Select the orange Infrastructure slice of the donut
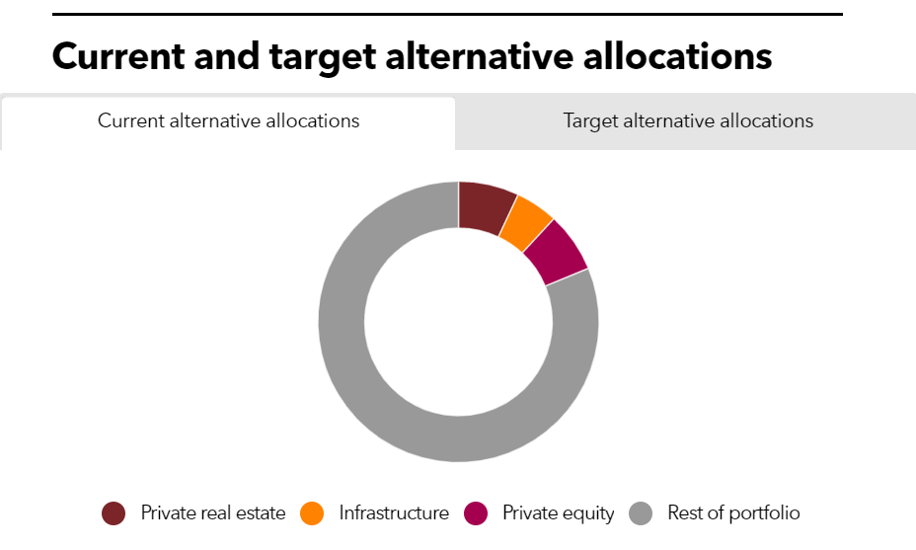(x=523, y=224)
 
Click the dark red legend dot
(x=114, y=513)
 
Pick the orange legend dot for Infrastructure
(x=312, y=513)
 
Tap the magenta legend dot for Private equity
(x=476, y=513)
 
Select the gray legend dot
(x=641, y=513)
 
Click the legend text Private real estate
(x=213, y=512)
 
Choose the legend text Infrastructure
(x=394, y=512)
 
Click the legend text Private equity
(x=559, y=513)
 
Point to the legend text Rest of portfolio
(x=733, y=512)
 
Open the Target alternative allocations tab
(x=688, y=121)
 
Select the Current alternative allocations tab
(x=228, y=121)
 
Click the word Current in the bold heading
(x=118, y=56)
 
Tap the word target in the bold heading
(x=323, y=58)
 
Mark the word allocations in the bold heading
(x=678, y=56)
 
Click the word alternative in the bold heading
(x=480, y=56)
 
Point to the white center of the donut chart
(x=459, y=322)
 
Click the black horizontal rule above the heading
(x=447, y=14)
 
